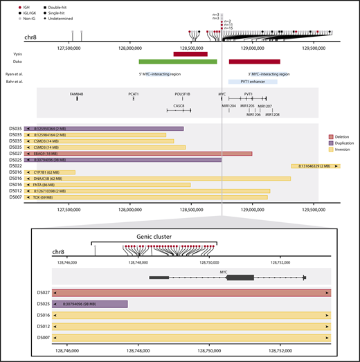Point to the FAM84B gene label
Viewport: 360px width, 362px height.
(77, 93)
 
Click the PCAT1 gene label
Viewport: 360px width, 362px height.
(134, 93)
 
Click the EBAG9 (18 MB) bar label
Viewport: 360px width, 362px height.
(44, 153)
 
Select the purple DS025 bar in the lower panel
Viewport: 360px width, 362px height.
(90, 305)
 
